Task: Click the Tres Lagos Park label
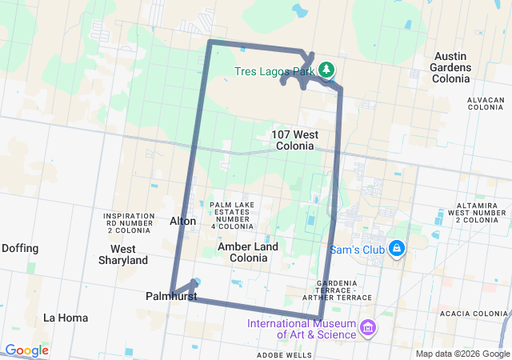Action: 274,71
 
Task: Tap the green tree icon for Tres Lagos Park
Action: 326,70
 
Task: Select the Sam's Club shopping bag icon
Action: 396,249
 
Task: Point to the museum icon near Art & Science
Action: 367,328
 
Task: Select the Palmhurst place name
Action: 171,296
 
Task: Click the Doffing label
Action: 20,248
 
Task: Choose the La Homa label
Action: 66,318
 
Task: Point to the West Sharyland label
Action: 123,254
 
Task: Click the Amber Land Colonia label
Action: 248,252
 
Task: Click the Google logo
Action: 26,350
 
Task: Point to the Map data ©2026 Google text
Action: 462,354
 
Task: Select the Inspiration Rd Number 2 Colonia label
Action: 128,223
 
